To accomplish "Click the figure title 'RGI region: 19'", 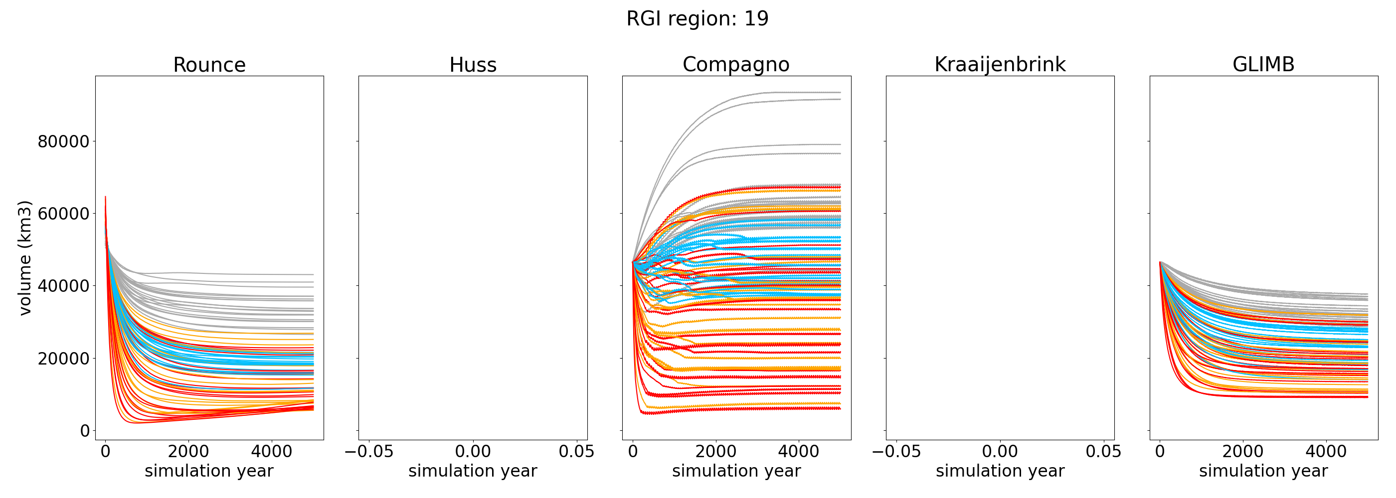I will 697,19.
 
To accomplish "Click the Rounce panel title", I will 209,65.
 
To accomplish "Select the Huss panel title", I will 473,65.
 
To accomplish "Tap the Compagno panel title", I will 736,64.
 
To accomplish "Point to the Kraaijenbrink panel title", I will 1000,64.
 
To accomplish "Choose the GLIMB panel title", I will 1263,64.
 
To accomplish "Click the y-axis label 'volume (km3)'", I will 25,257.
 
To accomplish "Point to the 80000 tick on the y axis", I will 63,142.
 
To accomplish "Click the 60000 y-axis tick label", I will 63,214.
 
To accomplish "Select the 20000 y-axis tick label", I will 63,359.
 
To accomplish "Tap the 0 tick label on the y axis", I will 85,431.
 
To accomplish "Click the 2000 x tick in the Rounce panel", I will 188,452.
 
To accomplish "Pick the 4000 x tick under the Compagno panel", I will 798,452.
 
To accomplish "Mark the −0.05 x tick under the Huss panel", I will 369,452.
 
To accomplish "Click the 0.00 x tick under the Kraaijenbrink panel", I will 1000,452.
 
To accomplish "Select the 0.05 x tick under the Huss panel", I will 577,452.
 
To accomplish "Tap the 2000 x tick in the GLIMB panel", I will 1242,452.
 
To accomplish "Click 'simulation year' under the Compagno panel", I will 736,471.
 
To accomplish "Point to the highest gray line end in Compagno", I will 840,93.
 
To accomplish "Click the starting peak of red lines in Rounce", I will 105,197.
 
